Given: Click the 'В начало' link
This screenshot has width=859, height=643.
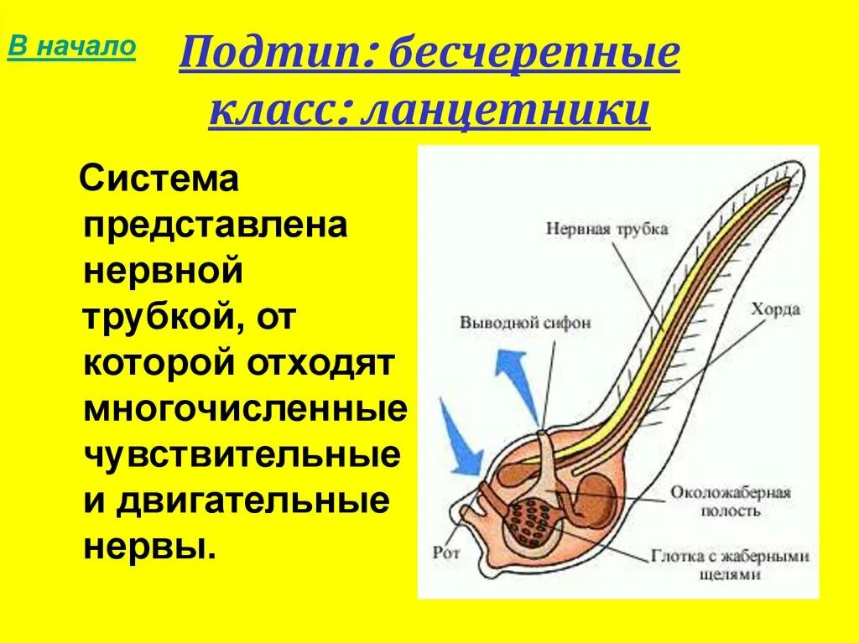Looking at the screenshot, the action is pyautogui.click(x=71, y=47).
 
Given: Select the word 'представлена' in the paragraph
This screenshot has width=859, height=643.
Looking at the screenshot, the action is pyautogui.click(x=216, y=227).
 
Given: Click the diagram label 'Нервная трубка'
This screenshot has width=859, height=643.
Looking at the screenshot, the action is pyautogui.click(x=607, y=228).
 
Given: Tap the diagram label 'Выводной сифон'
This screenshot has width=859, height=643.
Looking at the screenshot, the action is pyautogui.click(x=525, y=322).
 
